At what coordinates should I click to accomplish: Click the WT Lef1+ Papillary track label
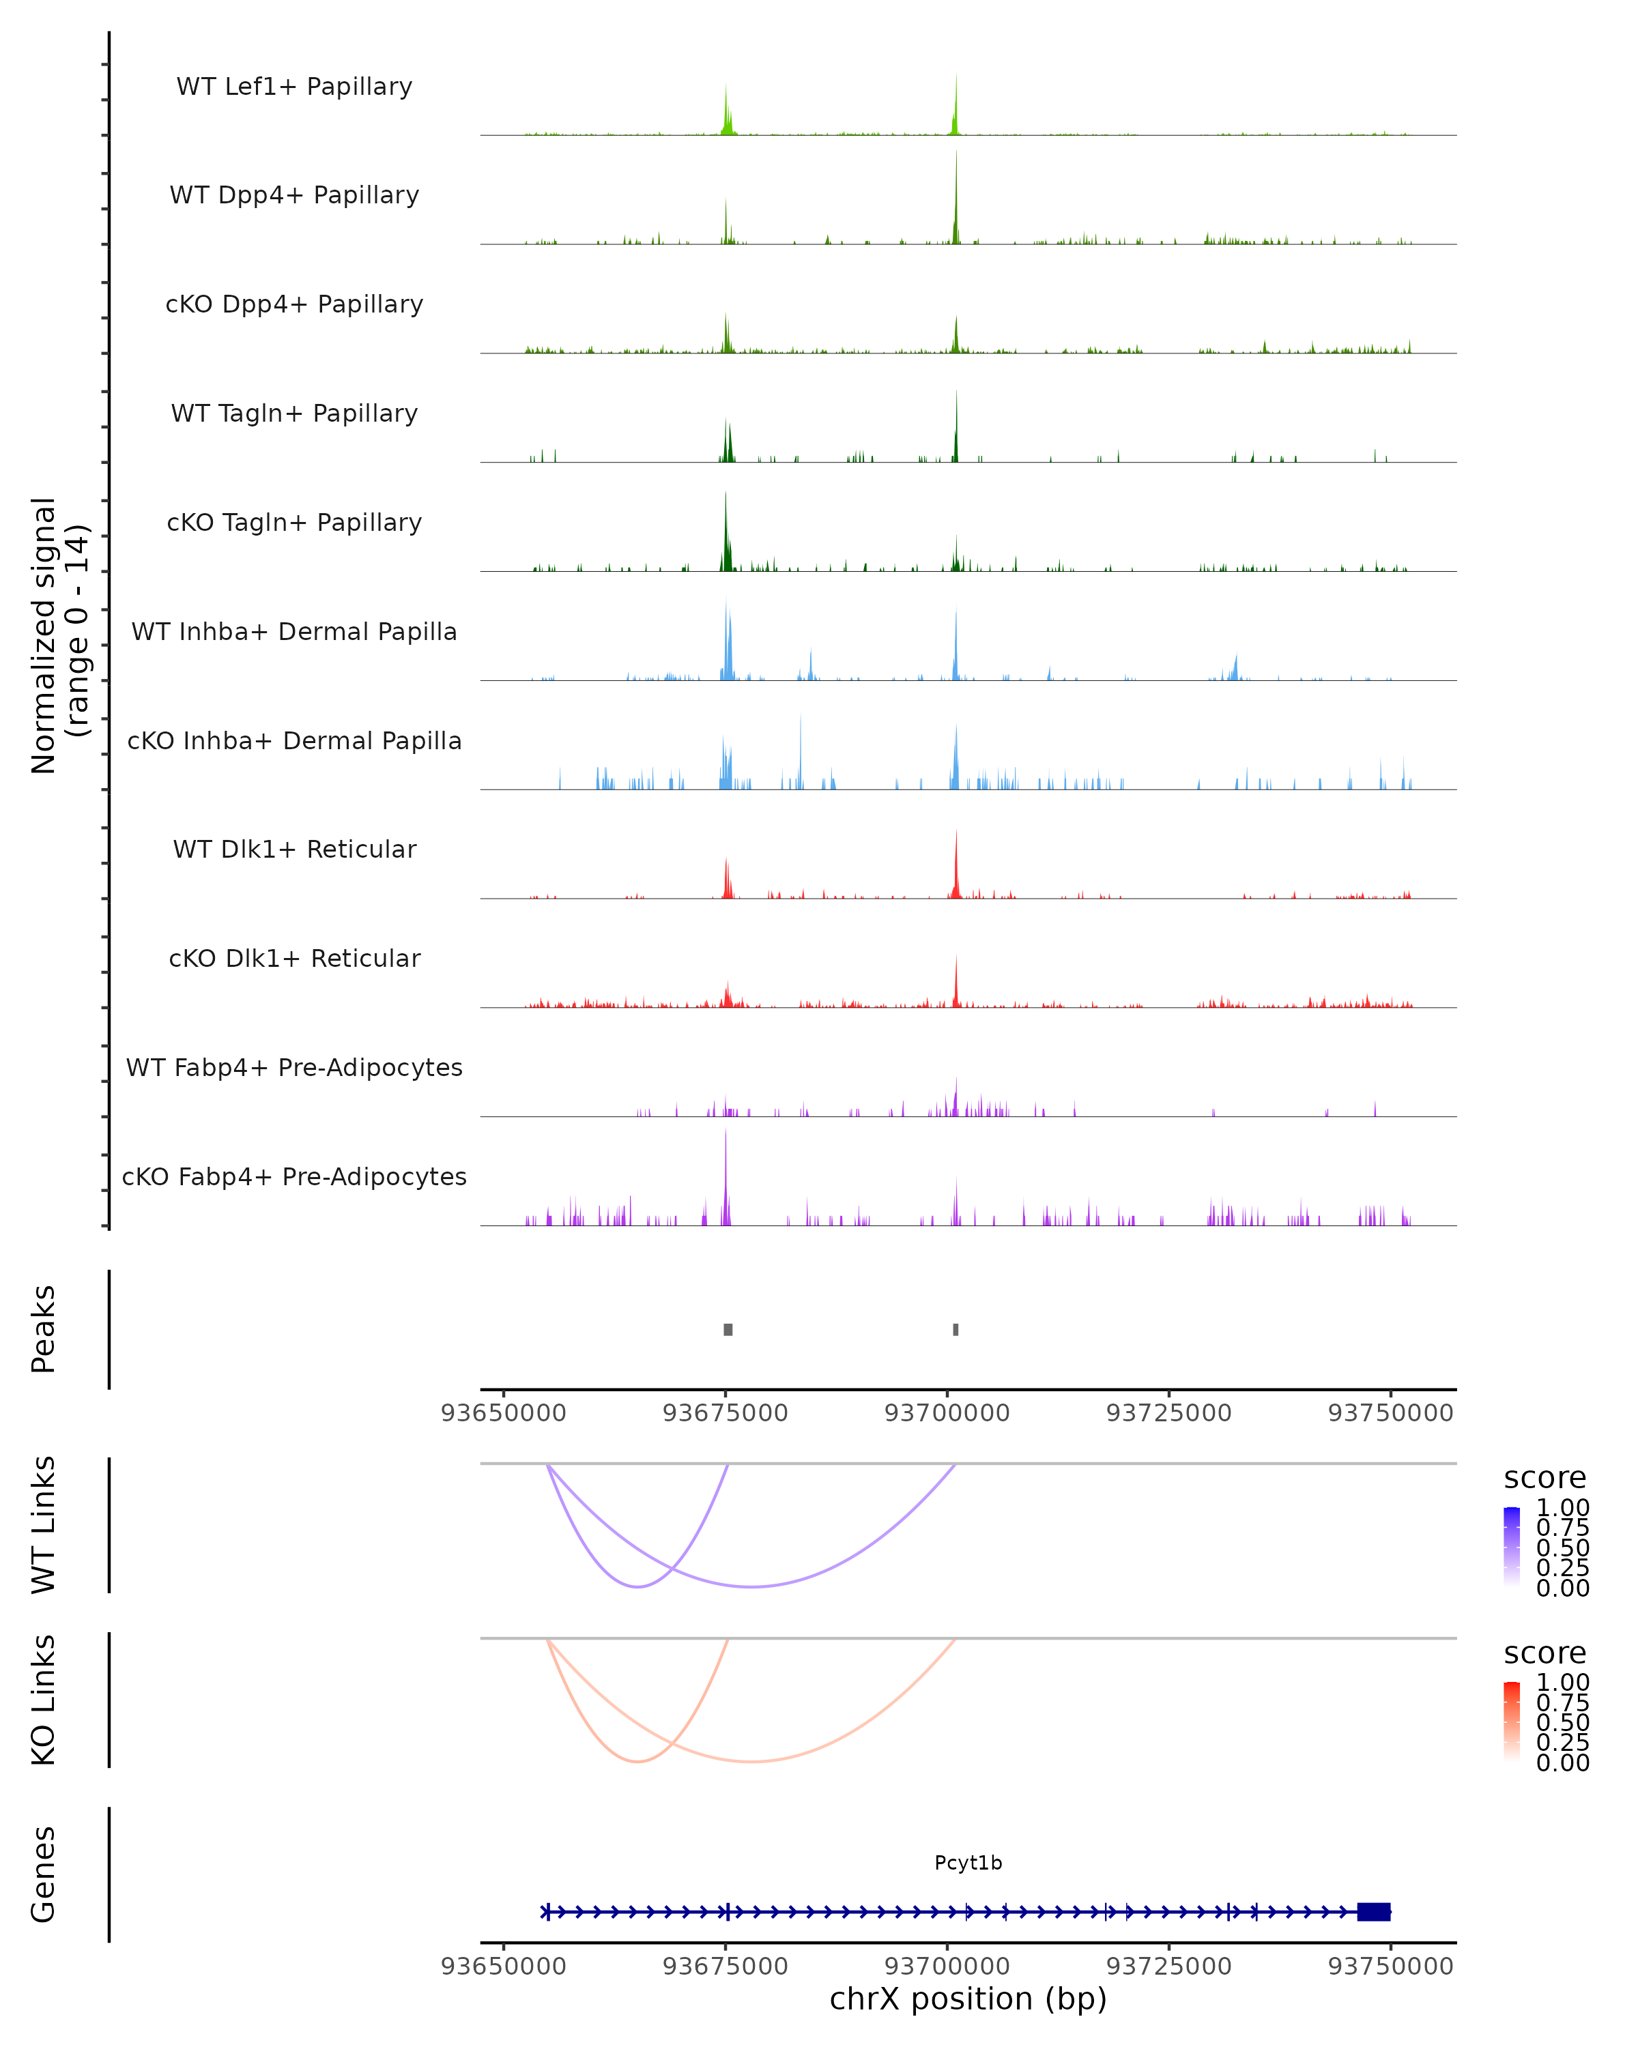coord(294,87)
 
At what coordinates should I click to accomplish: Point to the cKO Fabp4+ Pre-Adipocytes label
coord(294,1176)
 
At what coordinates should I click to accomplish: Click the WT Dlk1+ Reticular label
coord(294,849)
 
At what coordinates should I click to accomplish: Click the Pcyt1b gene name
coord(968,1863)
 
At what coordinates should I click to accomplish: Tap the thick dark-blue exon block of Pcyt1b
coord(1373,1912)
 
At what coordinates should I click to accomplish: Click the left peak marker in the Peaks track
coord(728,1329)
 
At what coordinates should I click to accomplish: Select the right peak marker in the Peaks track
coord(955,1329)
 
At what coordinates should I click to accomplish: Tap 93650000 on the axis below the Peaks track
coord(503,1413)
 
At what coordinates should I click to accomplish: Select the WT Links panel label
coord(44,1525)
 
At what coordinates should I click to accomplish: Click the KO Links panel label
coord(44,1700)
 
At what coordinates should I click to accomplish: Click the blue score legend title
coord(1544,1479)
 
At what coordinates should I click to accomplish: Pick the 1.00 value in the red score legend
coord(1562,1683)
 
